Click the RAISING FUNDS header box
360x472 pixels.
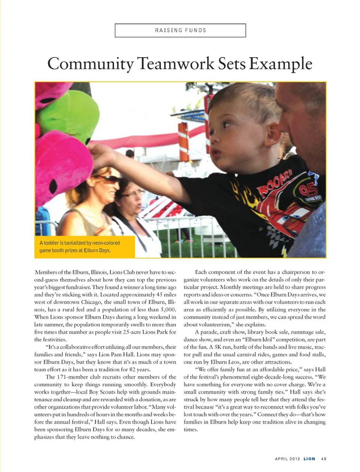click(180, 30)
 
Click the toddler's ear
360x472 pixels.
click(274, 134)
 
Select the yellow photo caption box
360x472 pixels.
click(85, 246)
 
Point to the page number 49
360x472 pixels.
click(324, 459)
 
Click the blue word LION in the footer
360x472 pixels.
click(309, 459)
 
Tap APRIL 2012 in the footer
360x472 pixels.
click(287, 459)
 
